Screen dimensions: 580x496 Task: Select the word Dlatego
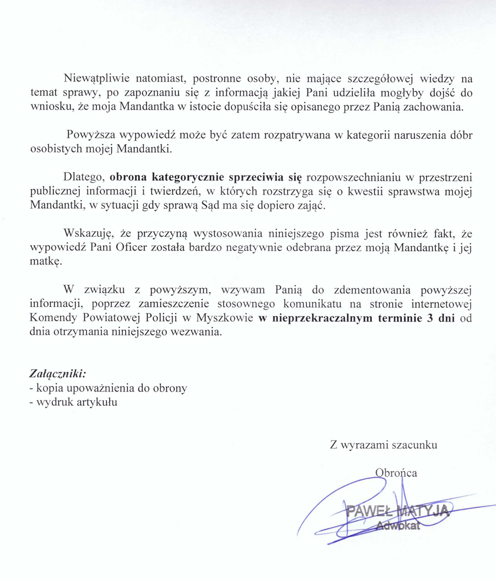[x=84, y=177]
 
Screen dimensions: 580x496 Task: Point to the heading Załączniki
[x=58, y=373]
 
